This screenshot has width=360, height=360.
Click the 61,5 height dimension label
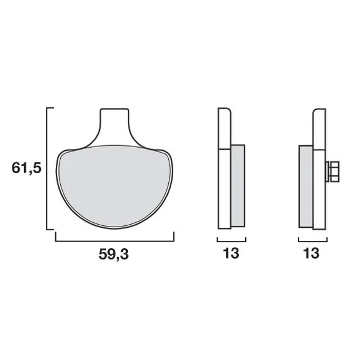[x=27, y=168]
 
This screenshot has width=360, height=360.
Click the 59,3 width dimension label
[x=114, y=254]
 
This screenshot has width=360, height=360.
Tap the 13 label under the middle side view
[x=231, y=253]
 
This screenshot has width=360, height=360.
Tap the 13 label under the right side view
[x=312, y=253]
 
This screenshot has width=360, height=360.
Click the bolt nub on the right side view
[x=332, y=172]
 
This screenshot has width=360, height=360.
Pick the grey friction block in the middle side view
[x=238, y=186]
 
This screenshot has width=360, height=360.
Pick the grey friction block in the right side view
[x=306, y=186]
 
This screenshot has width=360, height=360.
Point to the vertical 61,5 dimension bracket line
[x=47, y=168]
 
